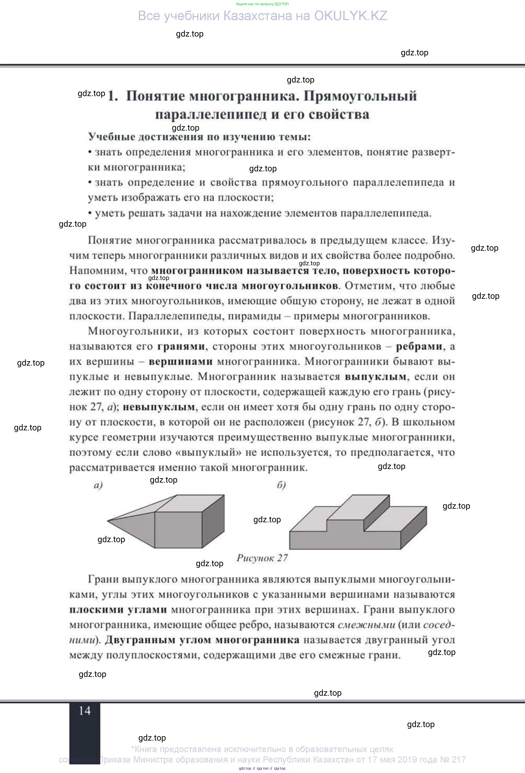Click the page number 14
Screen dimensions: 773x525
tap(84, 711)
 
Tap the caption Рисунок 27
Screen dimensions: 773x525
tap(262, 558)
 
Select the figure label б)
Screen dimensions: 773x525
tap(281, 485)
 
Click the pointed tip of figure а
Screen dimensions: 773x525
tap(108, 521)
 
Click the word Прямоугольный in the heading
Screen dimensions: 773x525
tap(360, 96)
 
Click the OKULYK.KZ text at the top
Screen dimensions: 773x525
tap(351, 16)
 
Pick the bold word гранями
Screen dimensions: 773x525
tap(181, 347)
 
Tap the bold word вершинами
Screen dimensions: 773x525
tap(180, 361)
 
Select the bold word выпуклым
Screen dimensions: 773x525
tap(375, 377)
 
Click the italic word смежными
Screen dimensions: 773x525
tap(366, 625)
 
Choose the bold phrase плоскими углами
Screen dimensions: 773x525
tap(118, 610)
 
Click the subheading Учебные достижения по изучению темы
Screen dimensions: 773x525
tap(199, 137)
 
